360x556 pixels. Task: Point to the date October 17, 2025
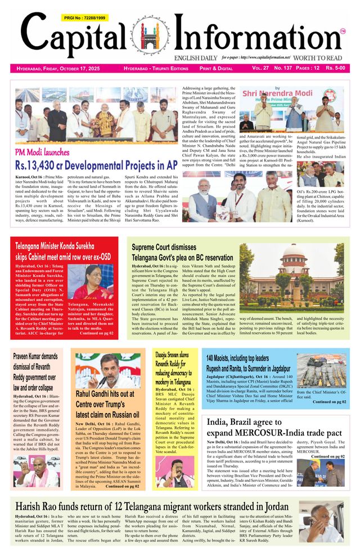pos(78,69)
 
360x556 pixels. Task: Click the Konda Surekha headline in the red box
pos(62,251)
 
